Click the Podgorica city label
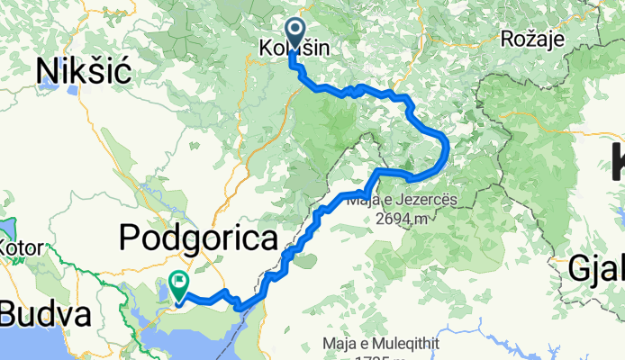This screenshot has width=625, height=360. click(x=197, y=239)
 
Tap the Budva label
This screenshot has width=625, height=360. click(x=45, y=315)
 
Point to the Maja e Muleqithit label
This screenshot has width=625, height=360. click(x=391, y=343)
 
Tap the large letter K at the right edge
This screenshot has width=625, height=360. click(x=616, y=162)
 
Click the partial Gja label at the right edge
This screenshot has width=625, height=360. click(x=596, y=267)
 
